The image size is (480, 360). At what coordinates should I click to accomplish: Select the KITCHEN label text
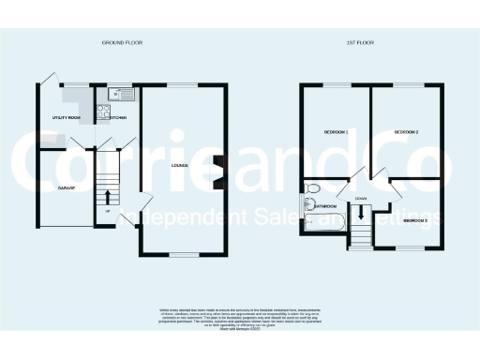118,117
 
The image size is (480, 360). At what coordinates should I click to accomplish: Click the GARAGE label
66,187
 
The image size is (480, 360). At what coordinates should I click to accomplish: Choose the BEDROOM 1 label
336,132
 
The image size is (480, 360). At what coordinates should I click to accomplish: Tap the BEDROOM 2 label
405,132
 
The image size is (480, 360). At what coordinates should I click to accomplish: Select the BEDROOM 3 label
415,219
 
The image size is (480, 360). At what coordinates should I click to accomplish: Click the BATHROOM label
326,205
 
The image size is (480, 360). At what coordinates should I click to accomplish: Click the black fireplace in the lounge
217,166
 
